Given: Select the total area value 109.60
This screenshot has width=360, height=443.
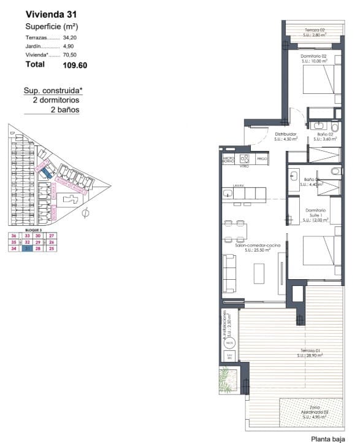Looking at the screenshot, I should (77, 64).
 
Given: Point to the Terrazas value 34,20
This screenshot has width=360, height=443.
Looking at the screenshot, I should (72, 37).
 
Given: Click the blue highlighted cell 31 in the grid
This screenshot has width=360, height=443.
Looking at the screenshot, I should (26, 248).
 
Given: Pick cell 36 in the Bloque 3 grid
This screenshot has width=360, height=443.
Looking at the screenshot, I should (13, 236).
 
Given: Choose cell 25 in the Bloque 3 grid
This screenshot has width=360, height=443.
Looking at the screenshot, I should (52, 248).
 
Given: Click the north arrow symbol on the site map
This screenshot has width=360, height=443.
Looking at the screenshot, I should (85, 213).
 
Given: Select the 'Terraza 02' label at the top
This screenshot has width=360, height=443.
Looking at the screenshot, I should (316, 31).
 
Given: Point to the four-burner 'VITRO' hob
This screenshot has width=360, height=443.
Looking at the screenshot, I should (243, 160).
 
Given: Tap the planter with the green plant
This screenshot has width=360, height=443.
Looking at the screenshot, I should (228, 380).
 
